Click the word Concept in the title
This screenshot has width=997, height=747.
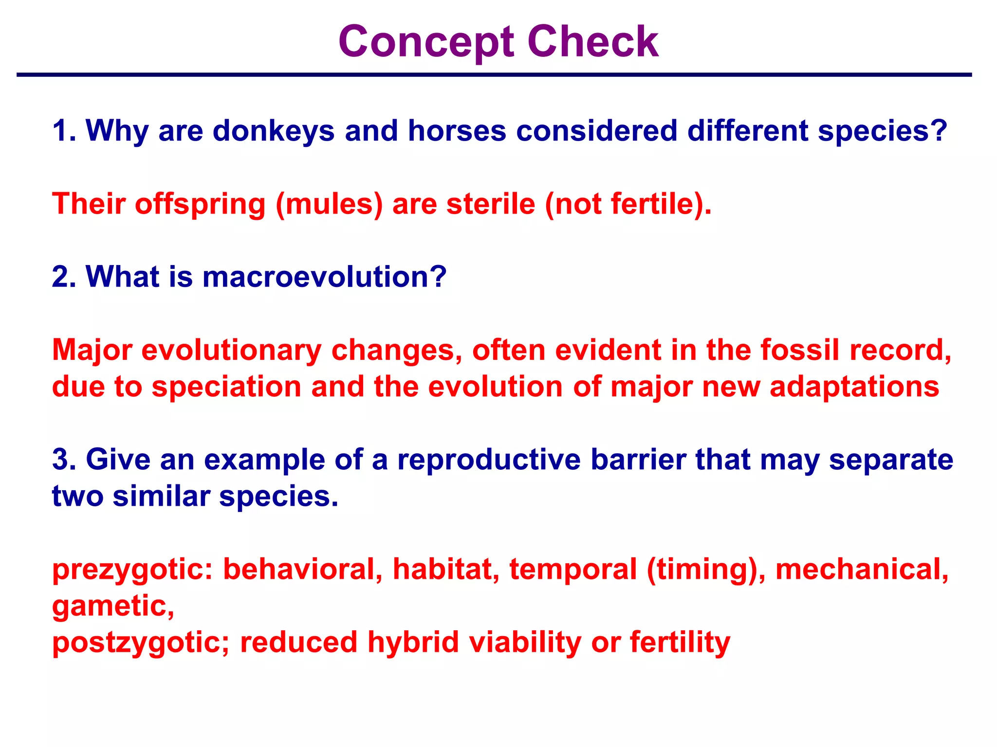coord(426,42)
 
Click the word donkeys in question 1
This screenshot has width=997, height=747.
coord(274,131)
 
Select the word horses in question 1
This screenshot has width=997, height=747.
coord(457,131)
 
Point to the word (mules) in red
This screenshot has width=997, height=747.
coord(329,204)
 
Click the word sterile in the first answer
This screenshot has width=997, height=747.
coord(491,204)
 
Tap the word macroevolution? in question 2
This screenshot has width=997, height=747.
coord(324,277)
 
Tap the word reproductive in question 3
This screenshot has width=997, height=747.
coord(489,460)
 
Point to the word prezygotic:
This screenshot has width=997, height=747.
coord(132,569)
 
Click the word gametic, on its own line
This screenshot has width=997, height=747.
coord(113,606)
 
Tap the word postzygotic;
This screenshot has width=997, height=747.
coord(141,643)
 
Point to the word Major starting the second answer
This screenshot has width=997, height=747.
coord(92,350)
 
